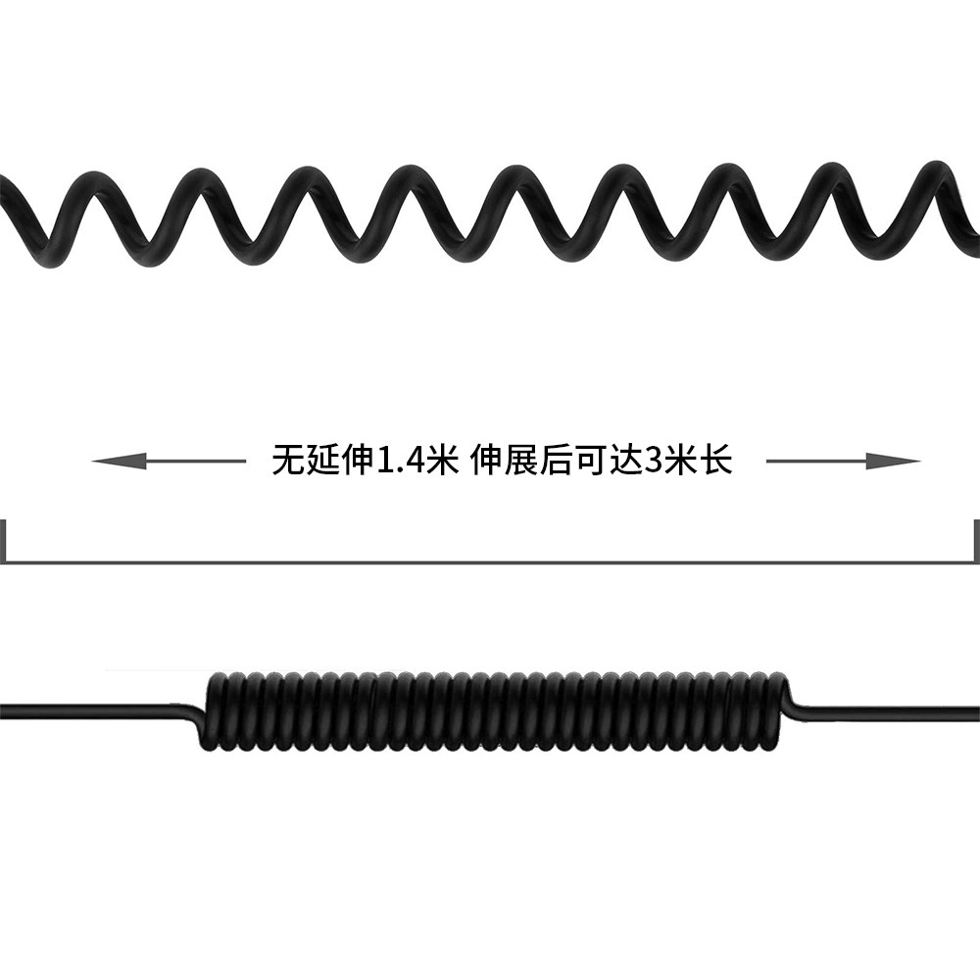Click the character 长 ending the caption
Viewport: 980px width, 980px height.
(718, 460)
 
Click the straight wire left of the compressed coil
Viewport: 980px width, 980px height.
(98, 708)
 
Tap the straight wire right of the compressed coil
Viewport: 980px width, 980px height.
(882, 708)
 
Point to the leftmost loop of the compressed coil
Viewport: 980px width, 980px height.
(216, 710)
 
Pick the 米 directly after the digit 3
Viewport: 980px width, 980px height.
(685, 460)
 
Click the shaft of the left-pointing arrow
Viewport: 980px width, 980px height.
(196, 461)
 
